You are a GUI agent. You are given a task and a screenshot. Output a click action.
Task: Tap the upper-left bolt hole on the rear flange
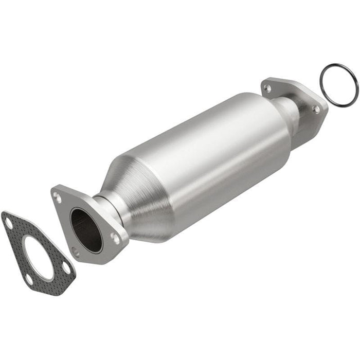coord(267,88)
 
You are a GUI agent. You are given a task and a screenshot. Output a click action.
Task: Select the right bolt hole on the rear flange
coord(316,109)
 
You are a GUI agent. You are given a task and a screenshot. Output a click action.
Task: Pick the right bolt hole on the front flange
coord(115,238)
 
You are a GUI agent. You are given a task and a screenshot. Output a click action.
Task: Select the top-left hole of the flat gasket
coord(9,223)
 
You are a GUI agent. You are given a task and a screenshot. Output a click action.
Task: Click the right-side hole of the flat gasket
coord(66,267)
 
